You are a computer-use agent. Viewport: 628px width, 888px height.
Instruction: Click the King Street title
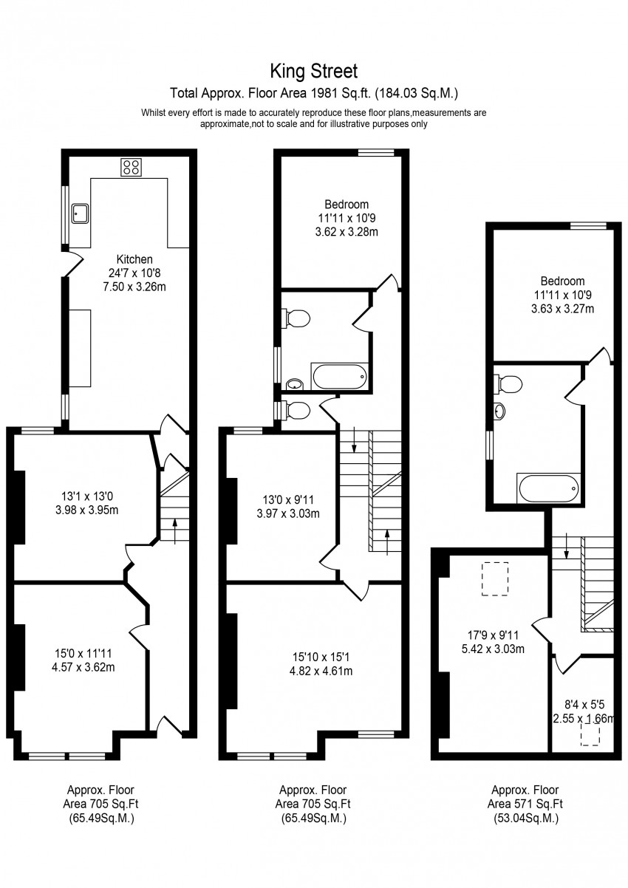point(314,71)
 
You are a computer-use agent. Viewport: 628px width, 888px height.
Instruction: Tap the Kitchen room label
point(134,259)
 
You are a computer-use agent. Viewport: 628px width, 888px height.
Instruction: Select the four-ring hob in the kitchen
point(132,167)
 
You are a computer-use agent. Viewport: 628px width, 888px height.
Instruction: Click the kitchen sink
point(80,214)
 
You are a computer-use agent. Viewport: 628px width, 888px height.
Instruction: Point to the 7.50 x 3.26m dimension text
point(134,287)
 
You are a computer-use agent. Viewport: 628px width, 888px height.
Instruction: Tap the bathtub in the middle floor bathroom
point(340,378)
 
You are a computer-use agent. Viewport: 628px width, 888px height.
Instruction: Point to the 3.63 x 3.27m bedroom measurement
point(562,309)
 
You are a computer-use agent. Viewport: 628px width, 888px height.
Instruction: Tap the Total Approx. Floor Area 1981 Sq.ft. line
point(314,94)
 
